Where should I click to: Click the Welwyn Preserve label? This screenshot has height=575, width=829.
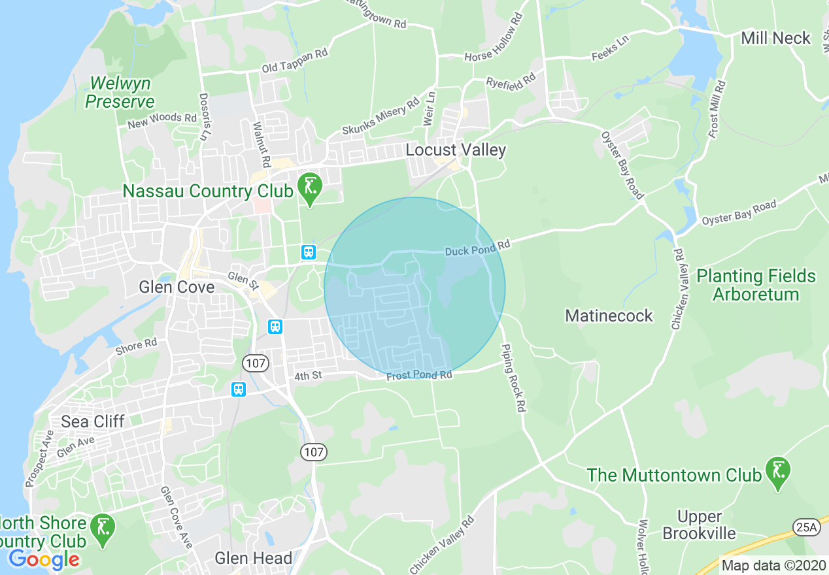coord(120,92)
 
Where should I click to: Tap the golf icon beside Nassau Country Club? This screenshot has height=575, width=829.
coord(310,187)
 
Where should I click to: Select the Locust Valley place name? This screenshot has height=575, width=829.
coord(456,150)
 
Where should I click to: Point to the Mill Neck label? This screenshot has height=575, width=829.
coord(775,38)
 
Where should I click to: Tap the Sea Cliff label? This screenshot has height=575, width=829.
coord(92,421)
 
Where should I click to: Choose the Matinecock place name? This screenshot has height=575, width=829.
coord(609,316)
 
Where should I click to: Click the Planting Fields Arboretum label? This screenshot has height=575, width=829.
coord(756,285)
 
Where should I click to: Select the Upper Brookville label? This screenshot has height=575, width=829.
coord(699,525)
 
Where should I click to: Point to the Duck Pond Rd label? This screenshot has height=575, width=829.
coord(477,248)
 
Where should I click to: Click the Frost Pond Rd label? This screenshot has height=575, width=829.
coord(419,376)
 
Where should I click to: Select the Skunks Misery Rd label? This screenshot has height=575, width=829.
coord(381,117)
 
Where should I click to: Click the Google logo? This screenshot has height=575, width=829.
coord(44,559)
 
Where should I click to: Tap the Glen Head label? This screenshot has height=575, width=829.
coord(254,558)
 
